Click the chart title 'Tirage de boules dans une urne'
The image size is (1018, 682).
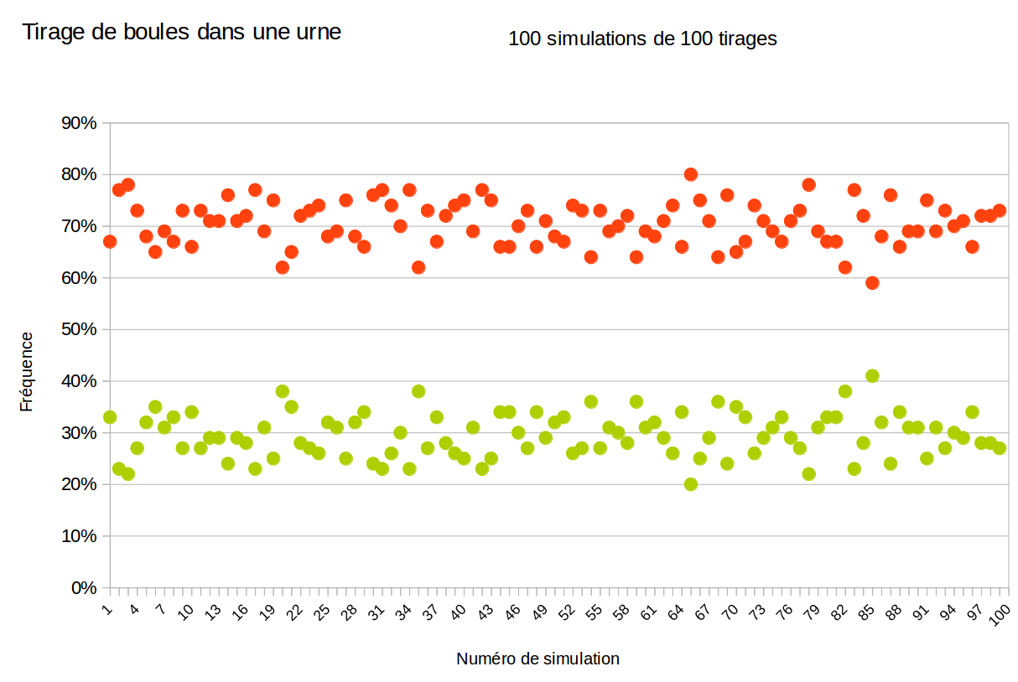(x=181, y=33)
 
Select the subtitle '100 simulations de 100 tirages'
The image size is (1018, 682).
(x=642, y=39)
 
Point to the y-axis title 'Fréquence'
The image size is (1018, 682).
(x=27, y=371)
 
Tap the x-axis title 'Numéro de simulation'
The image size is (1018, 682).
(x=538, y=659)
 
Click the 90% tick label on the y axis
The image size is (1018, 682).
(x=79, y=123)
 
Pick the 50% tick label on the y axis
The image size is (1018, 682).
(x=79, y=329)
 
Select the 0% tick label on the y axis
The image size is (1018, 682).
(x=83, y=588)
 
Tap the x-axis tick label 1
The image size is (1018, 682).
(x=107, y=605)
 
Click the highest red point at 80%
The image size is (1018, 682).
(x=691, y=174)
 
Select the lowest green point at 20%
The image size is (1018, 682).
(x=691, y=484)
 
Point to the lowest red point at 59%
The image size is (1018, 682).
(x=872, y=282)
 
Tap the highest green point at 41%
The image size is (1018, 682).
(x=872, y=376)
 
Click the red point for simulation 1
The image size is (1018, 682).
(x=110, y=241)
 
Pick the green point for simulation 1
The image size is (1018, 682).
(x=110, y=417)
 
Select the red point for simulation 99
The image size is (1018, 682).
(x=990, y=215)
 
